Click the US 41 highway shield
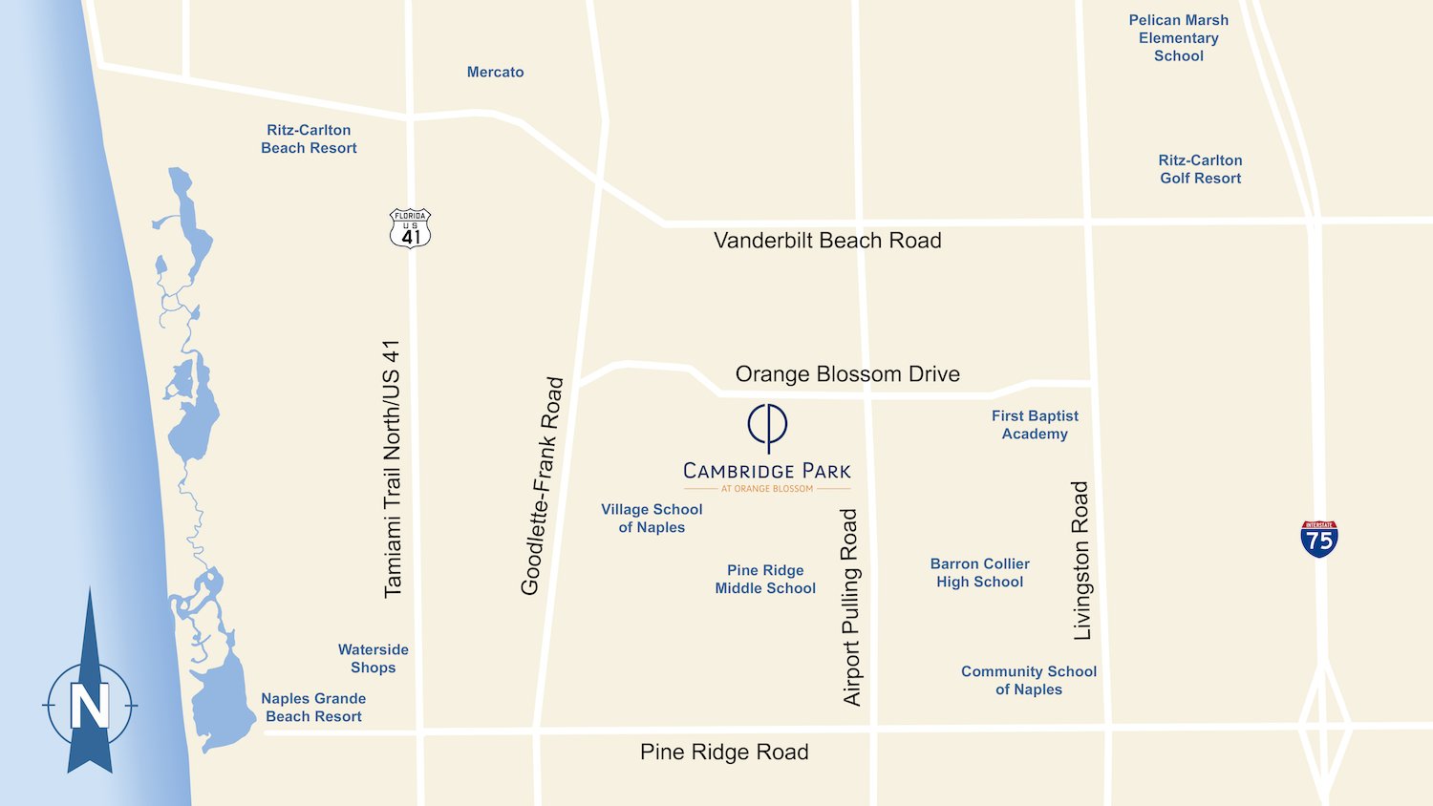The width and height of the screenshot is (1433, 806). (411, 229)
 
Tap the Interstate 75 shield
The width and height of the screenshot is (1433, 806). (1319, 540)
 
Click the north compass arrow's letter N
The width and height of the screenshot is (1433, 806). (90, 706)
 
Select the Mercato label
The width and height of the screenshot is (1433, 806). (495, 72)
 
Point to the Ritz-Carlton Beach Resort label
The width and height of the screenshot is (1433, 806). (309, 138)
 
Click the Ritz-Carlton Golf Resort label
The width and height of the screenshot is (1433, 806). (1201, 169)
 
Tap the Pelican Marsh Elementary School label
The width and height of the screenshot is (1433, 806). (1179, 38)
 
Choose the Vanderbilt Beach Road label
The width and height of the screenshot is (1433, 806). (827, 241)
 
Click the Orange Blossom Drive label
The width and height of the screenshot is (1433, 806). (847, 374)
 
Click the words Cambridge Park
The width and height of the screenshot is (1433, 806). (767, 471)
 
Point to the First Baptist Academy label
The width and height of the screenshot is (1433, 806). (1035, 425)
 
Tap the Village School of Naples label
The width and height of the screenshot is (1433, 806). (652, 519)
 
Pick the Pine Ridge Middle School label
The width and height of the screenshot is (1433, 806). (765, 579)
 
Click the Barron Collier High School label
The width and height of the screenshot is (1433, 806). (980, 573)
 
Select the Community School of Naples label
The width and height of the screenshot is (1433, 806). (1029, 680)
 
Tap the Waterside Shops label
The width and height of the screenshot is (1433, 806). (374, 658)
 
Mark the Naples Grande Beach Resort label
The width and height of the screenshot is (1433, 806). (313, 708)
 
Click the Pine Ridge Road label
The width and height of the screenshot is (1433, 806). (724, 753)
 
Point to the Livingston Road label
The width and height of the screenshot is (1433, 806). (1081, 561)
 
